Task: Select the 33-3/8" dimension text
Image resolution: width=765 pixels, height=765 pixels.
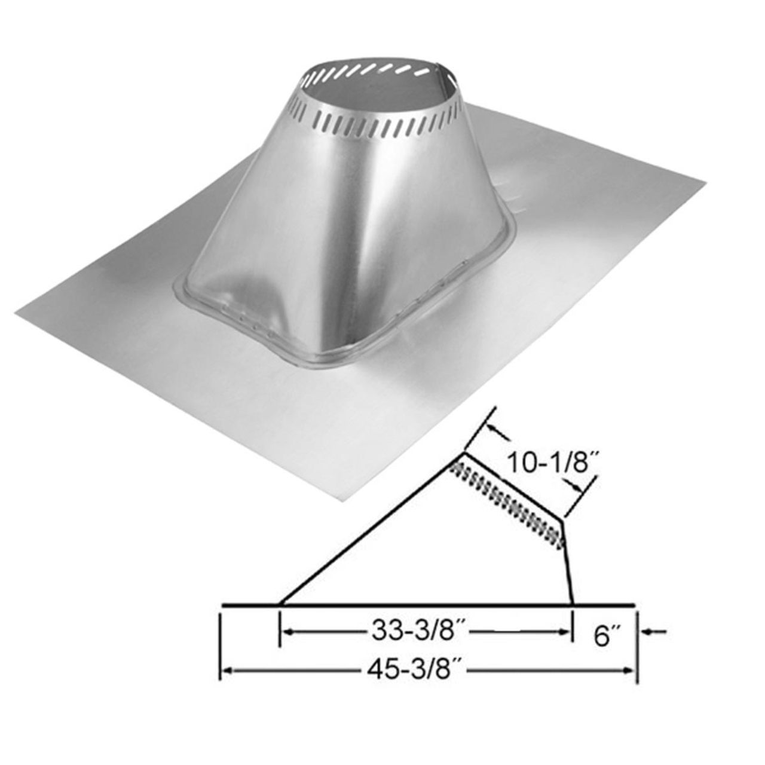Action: pyautogui.click(x=418, y=632)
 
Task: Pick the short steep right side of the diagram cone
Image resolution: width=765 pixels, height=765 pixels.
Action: pyautogui.click(x=568, y=562)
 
